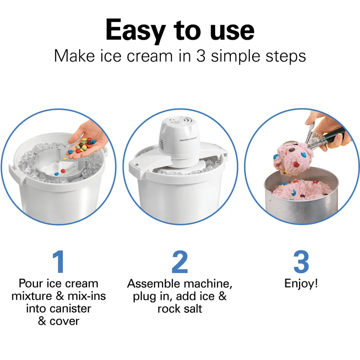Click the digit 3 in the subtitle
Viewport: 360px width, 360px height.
tap(201, 56)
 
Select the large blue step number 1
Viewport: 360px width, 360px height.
tap(58, 262)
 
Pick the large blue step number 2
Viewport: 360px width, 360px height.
tap(180, 262)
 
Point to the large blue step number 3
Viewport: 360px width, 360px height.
tap(301, 262)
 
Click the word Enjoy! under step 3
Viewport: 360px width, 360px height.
tap(301, 284)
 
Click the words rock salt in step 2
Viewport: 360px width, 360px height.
tap(180, 308)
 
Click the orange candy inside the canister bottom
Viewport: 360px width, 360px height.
tap(63, 171)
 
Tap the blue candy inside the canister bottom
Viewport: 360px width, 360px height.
tap(56, 174)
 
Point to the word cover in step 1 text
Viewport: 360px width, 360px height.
tap(65, 321)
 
